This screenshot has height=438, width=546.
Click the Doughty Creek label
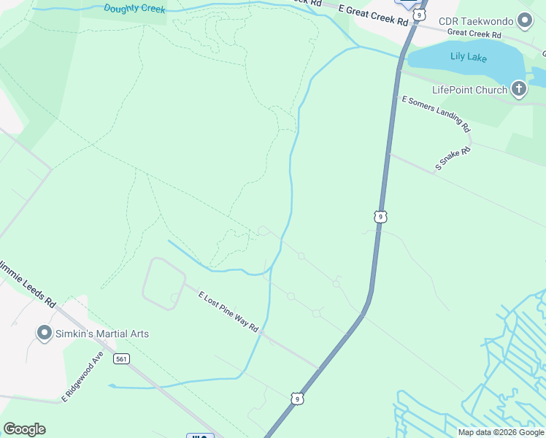(134, 9)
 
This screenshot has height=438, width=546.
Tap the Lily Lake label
(469, 57)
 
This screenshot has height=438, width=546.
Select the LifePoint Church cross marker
(518, 90)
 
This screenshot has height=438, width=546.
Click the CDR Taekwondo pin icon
(525, 21)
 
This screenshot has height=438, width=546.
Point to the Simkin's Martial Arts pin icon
(44, 334)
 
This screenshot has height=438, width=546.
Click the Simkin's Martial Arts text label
(102, 334)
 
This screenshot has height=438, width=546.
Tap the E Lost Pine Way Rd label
(228, 312)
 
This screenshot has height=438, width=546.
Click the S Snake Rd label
(453, 158)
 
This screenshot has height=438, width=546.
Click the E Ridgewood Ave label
(82, 380)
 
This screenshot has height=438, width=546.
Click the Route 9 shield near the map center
(380, 216)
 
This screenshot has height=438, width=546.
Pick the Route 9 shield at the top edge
(418, 13)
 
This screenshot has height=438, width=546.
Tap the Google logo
(24, 429)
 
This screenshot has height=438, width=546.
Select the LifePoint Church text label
(469, 90)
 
